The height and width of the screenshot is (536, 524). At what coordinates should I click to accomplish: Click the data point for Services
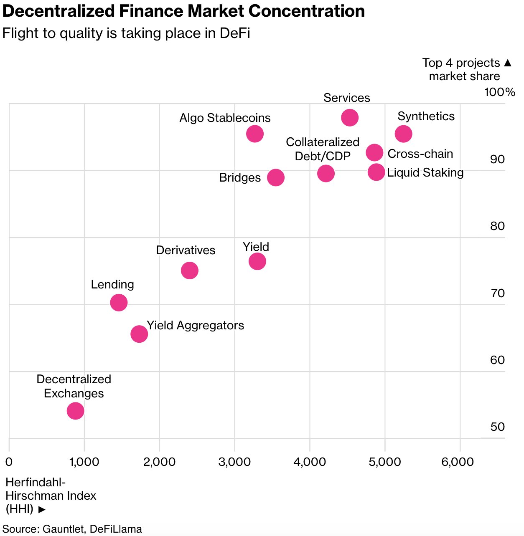350,118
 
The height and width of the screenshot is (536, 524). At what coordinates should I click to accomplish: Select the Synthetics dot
403,134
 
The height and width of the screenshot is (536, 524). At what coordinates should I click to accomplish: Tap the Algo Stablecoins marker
255,134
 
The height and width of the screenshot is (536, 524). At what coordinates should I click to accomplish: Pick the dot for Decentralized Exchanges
76,411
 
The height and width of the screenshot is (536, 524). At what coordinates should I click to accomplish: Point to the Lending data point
119,303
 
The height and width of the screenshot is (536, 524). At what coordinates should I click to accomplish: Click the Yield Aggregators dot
139,334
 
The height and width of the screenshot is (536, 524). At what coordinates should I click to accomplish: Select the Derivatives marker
190,271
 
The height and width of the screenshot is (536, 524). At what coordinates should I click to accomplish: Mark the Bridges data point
276,177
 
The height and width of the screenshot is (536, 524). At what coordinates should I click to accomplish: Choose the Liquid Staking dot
376,172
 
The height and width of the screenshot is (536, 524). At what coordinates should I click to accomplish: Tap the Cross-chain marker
374,152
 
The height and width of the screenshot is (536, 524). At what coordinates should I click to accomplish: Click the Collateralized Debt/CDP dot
326,173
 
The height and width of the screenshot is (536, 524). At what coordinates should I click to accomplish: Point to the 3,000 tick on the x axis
235,462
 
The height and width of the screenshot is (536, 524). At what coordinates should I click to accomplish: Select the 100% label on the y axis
500,92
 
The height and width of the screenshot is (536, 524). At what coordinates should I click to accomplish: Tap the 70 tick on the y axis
498,293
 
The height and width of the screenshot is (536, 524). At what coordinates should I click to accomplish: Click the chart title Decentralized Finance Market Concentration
184,11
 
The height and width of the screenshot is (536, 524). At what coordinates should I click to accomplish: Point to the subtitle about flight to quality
126,33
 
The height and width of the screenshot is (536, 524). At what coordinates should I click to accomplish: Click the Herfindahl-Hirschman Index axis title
51,496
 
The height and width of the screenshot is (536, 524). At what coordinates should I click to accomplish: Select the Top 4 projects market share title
465,69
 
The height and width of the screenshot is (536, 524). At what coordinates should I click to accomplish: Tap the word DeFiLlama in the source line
116,529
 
